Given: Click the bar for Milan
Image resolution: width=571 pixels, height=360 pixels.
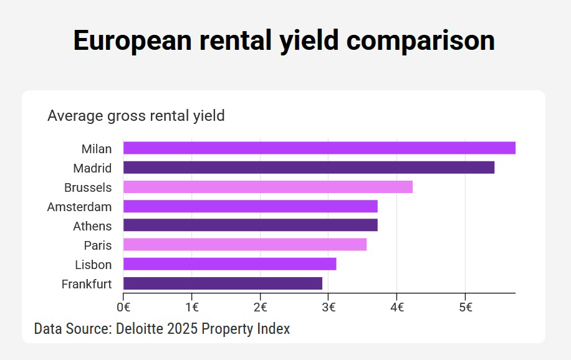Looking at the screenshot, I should [319, 148].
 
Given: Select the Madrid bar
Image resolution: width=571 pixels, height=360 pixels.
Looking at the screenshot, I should [309, 168].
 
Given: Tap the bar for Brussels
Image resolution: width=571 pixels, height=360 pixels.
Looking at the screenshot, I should [268, 187].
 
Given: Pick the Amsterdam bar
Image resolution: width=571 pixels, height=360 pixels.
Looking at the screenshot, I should [251, 206].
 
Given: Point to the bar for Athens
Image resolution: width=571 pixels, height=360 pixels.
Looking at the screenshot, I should [251, 225].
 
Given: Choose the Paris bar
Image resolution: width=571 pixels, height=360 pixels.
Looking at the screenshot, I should [245, 245].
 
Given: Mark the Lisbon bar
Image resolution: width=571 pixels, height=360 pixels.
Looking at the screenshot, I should [230, 264].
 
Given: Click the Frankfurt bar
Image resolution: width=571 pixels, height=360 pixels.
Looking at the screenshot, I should [223, 283].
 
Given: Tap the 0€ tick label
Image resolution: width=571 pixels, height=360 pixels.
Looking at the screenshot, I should [123, 306].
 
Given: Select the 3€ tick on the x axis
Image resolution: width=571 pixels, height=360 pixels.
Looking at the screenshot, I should [329, 306].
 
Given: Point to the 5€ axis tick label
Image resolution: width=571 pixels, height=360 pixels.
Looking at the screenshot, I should [465, 306].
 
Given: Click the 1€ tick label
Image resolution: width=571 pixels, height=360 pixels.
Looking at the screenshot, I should [192, 306].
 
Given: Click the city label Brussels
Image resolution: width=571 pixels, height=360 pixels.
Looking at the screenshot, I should [88, 187].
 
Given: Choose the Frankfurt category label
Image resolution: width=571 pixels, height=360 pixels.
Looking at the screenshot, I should [87, 284].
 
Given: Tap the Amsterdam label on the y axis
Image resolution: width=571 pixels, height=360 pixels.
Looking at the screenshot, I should [79, 207].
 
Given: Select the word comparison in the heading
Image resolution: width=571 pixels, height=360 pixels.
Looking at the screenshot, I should [421, 40].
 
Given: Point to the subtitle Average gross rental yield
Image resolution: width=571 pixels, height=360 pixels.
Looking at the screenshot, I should [136, 116].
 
